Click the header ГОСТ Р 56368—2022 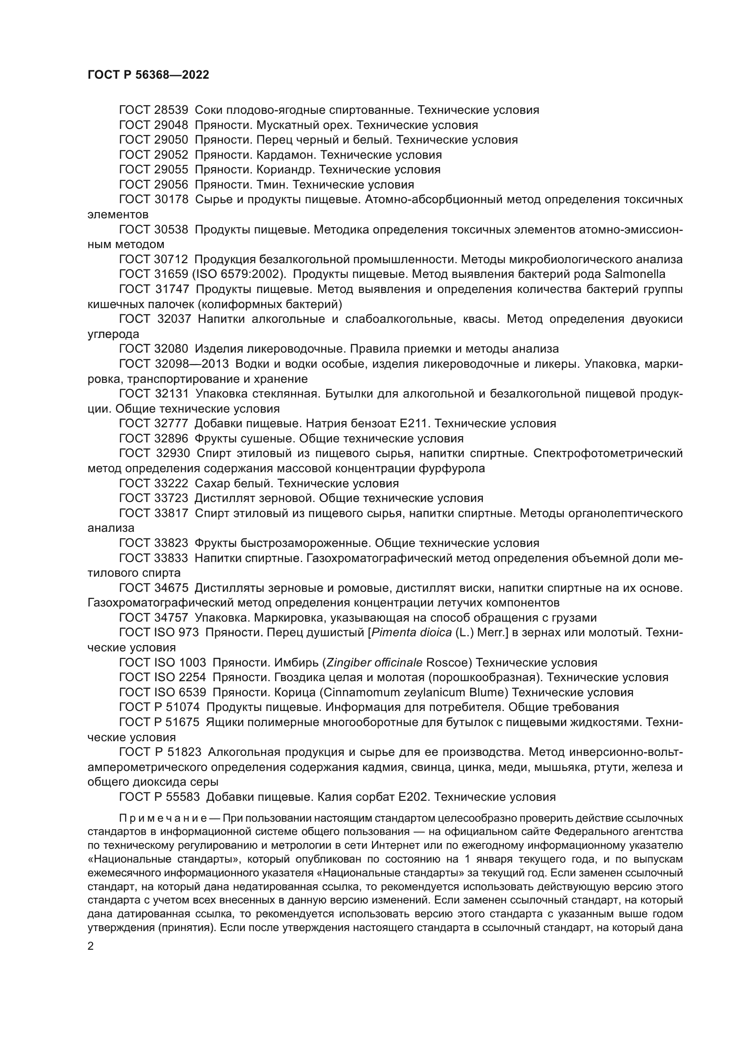(x=148, y=75)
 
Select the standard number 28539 (x=171, y=110)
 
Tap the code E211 (x=413, y=424)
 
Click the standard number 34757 (x=171, y=618)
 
